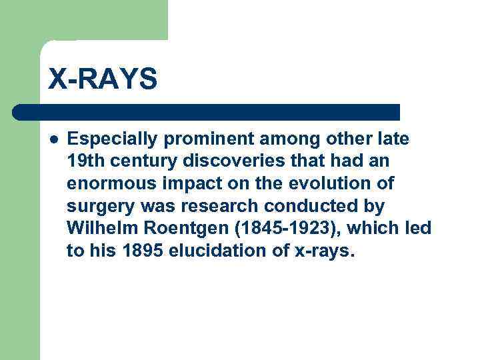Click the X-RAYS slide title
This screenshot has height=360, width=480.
[x=103, y=79]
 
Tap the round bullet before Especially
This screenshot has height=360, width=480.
[x=54, y=139]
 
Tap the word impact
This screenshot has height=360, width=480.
[x=175, y=183]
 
